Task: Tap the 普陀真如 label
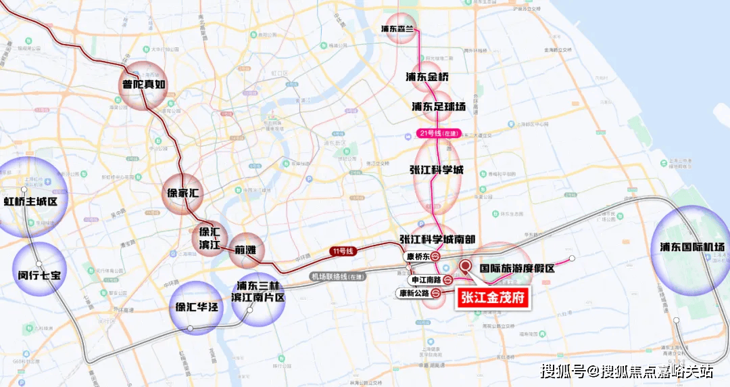[143, 85]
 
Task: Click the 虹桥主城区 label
[31, 201]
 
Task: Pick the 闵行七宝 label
[39, 275]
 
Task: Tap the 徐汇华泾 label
[196, 307]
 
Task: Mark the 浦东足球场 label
[439, 107]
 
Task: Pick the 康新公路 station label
[414, 293]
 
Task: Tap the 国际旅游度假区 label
[517, 268]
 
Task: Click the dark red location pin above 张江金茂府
[466, 267]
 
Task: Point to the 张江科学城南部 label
[437, 240]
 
